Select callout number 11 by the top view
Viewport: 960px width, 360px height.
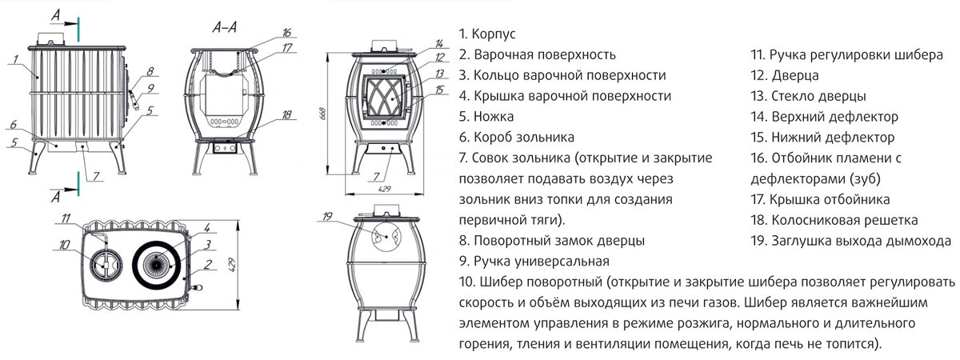(x=66, y=218)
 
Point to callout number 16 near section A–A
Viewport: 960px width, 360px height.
(x=286, y=33)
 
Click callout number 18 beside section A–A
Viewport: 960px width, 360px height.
(x=286, y=115)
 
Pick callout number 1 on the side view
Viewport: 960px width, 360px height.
(x=15, y=58)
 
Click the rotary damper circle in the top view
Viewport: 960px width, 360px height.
(x=102, y=262)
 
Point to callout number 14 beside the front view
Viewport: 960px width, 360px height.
(x=439, y=43)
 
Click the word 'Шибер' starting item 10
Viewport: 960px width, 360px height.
(x=502, y=282)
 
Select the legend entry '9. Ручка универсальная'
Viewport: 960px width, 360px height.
(x=534, y=262)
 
